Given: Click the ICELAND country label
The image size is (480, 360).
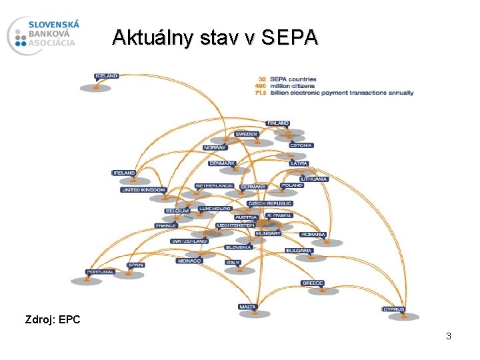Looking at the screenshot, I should [x=107, y=76].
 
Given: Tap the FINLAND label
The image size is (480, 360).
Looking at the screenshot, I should [x=278, y=123].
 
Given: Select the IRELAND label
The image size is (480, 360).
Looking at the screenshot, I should [x=124, y=173].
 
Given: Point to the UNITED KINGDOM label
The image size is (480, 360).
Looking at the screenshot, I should [x=143, y=190].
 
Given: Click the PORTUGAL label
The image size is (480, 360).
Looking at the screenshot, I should [x=101, y=272].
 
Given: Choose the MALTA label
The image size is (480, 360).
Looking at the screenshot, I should [x=247, y=307].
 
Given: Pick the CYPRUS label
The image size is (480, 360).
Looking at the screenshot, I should [x=393, y=309].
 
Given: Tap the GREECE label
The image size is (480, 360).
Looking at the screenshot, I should [x=313, y=283].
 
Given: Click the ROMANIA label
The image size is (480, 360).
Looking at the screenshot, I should [x=313, y=235].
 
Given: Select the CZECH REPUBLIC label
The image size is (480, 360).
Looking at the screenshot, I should [x=270, y=203].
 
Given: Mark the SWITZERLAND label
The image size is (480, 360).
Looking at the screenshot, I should [x=190, y=241].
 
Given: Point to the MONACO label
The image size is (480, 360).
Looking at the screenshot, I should [x=189, y=261].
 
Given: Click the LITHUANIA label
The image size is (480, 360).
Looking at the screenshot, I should [x=314, y=179].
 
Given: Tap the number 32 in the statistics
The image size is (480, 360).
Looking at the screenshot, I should [x=262, y=79].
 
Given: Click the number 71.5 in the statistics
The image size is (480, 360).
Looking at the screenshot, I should [x=260, y=93].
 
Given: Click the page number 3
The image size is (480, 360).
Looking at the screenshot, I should [x=449, y=337].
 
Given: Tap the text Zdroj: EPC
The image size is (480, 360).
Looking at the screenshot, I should [x=53, y=320].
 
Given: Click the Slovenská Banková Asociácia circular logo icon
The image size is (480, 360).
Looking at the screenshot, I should [x=19, y=35].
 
